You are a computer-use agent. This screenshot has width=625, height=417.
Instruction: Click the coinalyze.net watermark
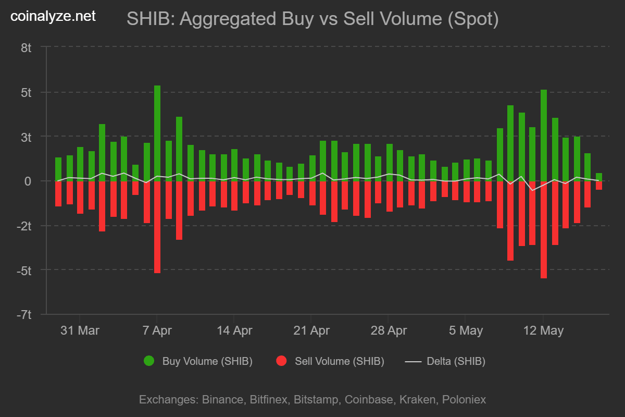[53, 17]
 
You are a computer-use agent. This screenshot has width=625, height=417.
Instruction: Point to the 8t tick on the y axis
[27, 48]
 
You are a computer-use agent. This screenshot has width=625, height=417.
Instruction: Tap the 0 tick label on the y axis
[29, 181]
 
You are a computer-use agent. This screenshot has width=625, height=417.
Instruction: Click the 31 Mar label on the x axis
[80, 330]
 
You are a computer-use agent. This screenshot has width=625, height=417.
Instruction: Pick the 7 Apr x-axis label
[157, 330]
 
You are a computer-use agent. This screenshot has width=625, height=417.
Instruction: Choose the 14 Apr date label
[234, 330]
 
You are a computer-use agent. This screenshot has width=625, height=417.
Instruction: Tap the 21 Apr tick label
[311, 330]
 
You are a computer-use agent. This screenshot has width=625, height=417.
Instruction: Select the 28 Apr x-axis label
[388, 330]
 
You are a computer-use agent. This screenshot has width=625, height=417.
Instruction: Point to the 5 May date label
[465, 330]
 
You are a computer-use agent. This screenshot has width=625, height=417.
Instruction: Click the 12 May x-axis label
[543, 330]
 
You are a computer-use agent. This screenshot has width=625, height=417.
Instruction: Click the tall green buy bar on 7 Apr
[157, 133]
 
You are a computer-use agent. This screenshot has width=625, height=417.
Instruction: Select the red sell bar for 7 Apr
[157, 227]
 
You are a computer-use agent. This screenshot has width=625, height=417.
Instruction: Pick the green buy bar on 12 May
[544, 136]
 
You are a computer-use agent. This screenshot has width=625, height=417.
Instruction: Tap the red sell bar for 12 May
[544, 229]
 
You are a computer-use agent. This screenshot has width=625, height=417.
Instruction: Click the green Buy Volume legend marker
[149, 361]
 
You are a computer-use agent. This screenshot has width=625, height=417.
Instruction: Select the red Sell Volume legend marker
[281, 361]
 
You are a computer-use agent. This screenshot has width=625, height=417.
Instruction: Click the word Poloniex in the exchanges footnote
[464, 400]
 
